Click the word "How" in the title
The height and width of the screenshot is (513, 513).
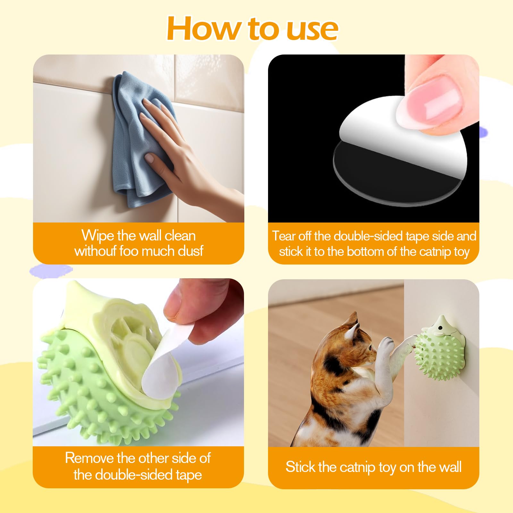[x=204, y=29]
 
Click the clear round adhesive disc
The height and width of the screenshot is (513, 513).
[x=398, y=173]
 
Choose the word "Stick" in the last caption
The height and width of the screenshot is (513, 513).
[x=300, y=467]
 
